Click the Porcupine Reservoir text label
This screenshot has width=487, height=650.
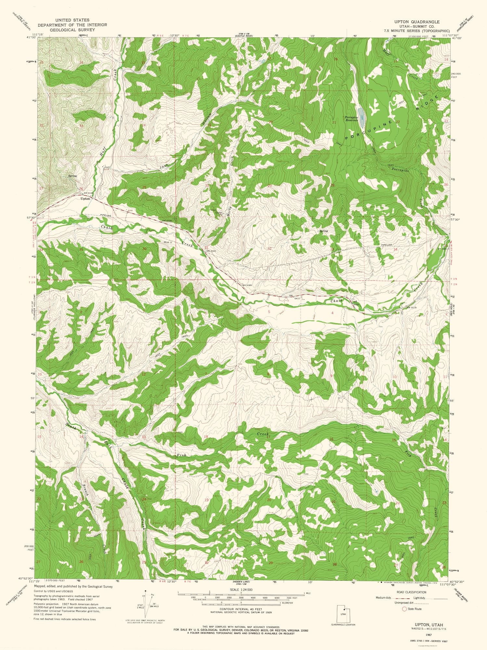(352, 118)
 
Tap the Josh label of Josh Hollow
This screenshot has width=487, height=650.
(164, 167)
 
